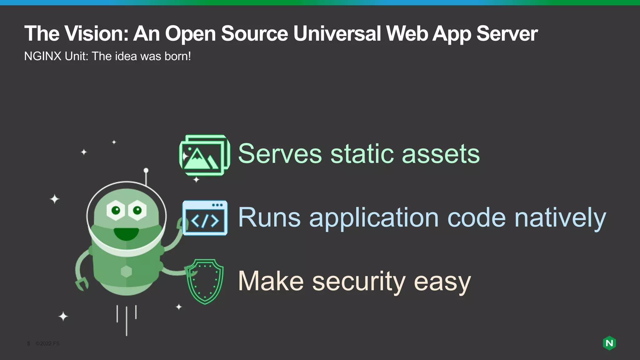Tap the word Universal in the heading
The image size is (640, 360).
pyautogui.click(x=337, y=33)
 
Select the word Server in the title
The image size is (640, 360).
pyautogui.click(x=507, y=33)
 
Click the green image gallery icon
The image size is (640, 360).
pyautogui.click(x=205, y=155)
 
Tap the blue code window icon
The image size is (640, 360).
pyautogui.click(x=205, y=218)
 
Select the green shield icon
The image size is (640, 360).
pyautogui.click(x=205, y=281)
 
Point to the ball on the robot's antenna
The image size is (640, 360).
pyautogui.click(x=146, y=171)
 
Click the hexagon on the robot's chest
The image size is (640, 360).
pyautogui.click(x=126, y=271)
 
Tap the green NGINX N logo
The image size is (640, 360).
pyautogui.click(x=609, y=343)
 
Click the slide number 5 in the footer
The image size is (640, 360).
pyautogui.click(x=28, y=343)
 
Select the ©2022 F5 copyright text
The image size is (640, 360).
pyautogui.click(x=47, y=343)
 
